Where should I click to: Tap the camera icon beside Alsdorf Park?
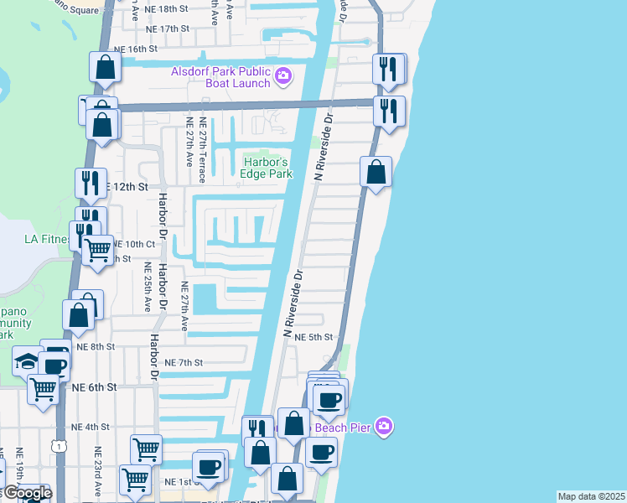pyautogui.click(x=282, y=77)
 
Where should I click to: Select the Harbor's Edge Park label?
pyautogui.click(x=267, y=168)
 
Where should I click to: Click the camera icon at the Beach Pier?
pyautogui.click(x=383, y=427)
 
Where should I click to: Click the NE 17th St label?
pyautogui.click(x=168, y=29)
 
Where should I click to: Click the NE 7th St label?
pyautogui.click(x=184, y=362)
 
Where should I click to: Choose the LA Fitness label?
pyautogui.click(x=46, y=239)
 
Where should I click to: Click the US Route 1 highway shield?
pyautogui.click(x=58, y=447)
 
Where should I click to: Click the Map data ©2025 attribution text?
pyautogui.click(x=592, y=496)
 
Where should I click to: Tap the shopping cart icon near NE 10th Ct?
pyautogui.click(x=98, y=249)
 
